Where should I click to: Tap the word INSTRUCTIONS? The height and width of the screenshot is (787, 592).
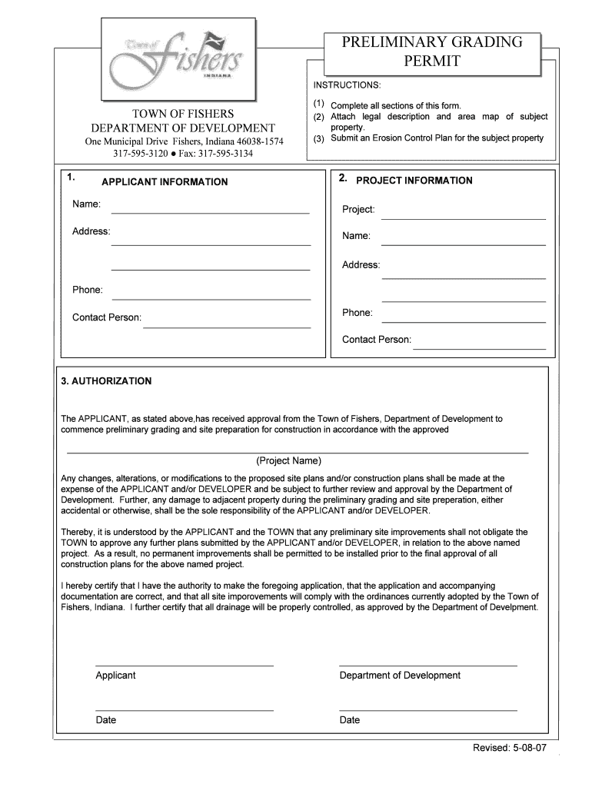pos(346,84)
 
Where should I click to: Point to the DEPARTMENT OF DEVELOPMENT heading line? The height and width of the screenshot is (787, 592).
pos(183,128)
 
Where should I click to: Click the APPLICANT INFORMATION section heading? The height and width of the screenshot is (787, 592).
pos(165,182)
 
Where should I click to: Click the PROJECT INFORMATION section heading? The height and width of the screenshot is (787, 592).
pos(414,181)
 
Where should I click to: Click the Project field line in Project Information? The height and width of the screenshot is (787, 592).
pos(463,218)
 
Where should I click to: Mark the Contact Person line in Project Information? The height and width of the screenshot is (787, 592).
pos(479,348)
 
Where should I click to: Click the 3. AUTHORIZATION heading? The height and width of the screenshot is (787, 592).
pos(106,381)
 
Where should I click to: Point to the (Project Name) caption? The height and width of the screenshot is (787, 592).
pos(288,461)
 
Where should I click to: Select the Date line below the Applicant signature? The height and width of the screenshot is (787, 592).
pos(184,709)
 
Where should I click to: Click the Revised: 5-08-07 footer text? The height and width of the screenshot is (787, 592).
pos(510,749)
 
